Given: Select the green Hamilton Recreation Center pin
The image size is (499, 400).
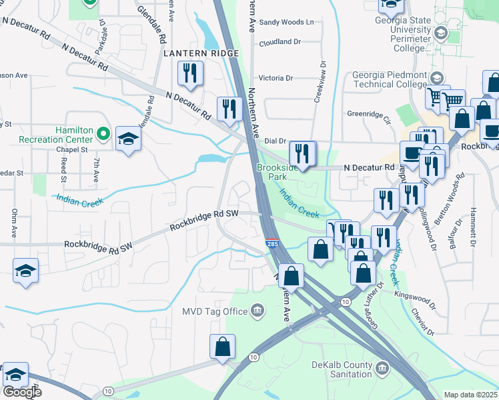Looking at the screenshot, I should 102,134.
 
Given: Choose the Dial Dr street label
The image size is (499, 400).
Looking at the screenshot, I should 275,141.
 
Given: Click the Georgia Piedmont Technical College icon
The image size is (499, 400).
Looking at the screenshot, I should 438,78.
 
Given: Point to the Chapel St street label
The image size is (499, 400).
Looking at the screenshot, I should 72,150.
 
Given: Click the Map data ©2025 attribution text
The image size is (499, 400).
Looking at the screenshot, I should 471,395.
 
